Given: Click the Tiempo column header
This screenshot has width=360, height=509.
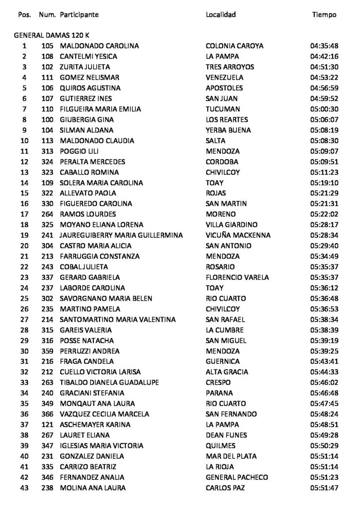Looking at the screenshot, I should coord(324,15).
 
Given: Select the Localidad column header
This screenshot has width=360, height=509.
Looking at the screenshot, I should coord(221,15).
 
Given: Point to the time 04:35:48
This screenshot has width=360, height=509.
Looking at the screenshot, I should coord(324,46).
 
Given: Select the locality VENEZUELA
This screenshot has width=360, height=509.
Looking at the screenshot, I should coord(225,78).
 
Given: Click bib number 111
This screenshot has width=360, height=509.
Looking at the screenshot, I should coord(48,78).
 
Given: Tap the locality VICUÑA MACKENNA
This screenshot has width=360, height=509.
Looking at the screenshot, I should coord(238,235).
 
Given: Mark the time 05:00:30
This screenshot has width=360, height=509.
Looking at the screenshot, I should coord(324,109).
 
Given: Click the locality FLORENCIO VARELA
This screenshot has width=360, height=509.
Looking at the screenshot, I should coord(238,277).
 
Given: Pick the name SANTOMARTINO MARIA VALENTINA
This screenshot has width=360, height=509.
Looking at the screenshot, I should coord(111,320).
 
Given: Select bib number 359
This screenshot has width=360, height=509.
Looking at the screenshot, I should coord(48,351).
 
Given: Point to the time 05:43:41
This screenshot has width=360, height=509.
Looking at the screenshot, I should coord(324,361).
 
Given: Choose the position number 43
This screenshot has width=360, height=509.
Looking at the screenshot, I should coord(24,488).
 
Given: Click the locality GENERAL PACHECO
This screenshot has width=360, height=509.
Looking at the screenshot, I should coord(237,478).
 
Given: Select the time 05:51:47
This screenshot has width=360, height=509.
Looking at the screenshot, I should coord(324,488).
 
